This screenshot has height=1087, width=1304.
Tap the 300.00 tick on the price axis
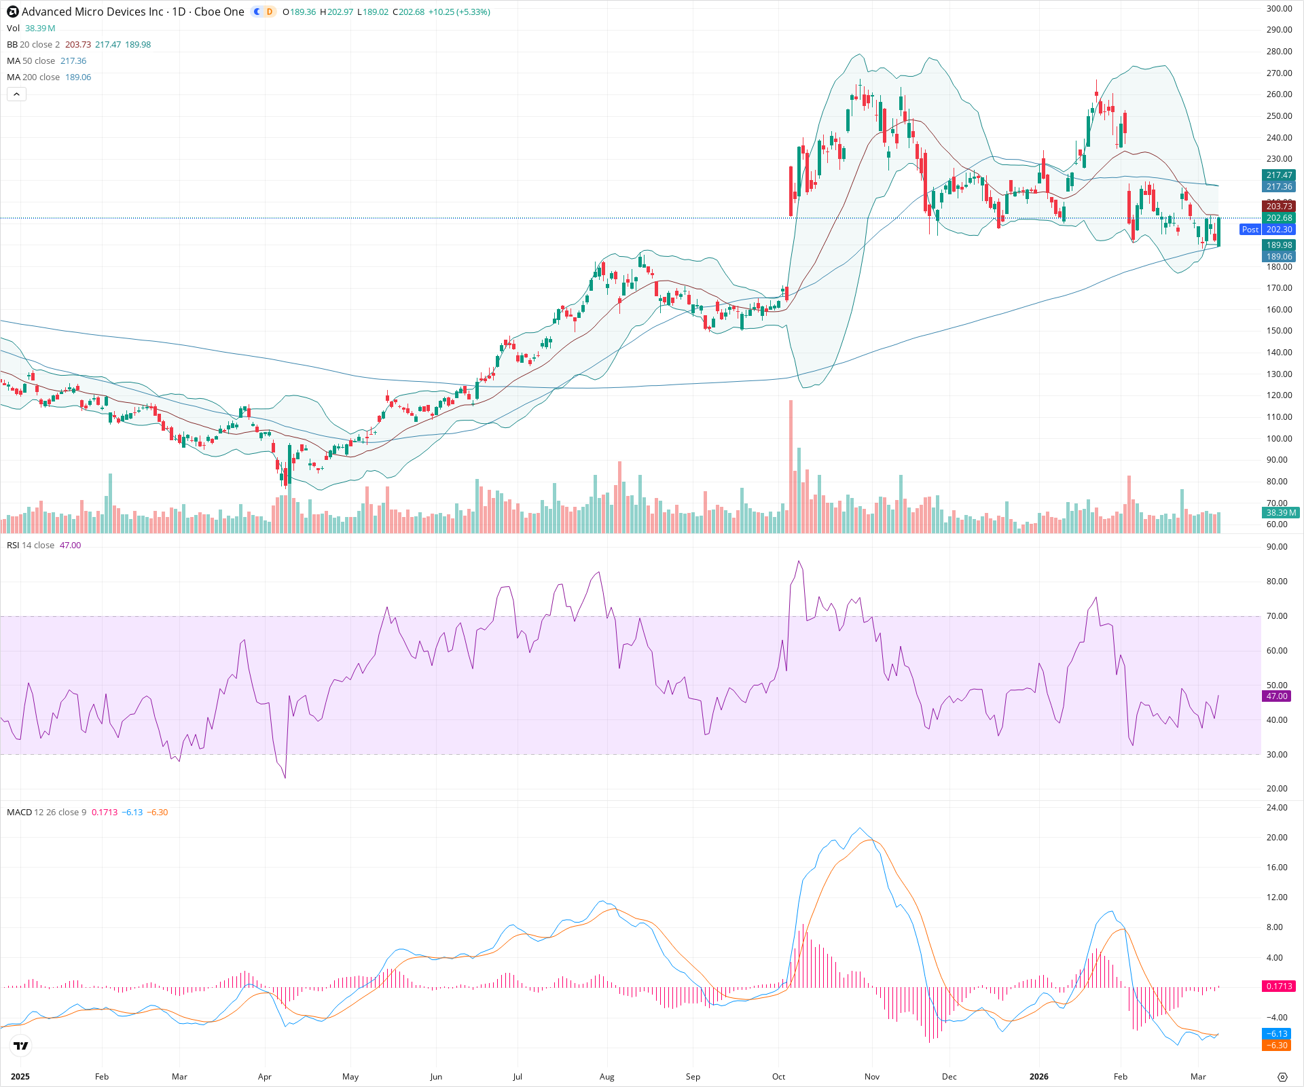(x=1279, y=9)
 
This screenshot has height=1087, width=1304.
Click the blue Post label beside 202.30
(x=1250, y=230)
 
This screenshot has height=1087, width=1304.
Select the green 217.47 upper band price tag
(x=1279, y=175)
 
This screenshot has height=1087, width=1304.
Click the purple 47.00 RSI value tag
(x=1277, y=696)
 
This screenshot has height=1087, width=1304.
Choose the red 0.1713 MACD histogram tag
(x=1278, y=986)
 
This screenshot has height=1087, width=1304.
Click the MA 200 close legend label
(x=33, y=77)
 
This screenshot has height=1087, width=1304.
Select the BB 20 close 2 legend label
(x=33, y=45)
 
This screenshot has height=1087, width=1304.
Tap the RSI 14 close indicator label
(x=31, y=546)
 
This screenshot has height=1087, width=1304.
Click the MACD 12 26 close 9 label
(x=46, y=813)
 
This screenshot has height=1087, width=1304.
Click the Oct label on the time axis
(x=778, y=1077)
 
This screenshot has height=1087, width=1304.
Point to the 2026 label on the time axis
(x=1038, y=1077)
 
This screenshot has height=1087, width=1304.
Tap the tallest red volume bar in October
(x=791, y=469)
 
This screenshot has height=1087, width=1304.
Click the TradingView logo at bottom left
(x=21, y=1046)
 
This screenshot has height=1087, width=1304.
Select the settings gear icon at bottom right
(x=1282, y=1077)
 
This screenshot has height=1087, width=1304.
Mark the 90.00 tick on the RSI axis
(x=1277, y=547)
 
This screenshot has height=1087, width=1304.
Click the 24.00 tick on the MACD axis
(x=1277, y=808)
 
